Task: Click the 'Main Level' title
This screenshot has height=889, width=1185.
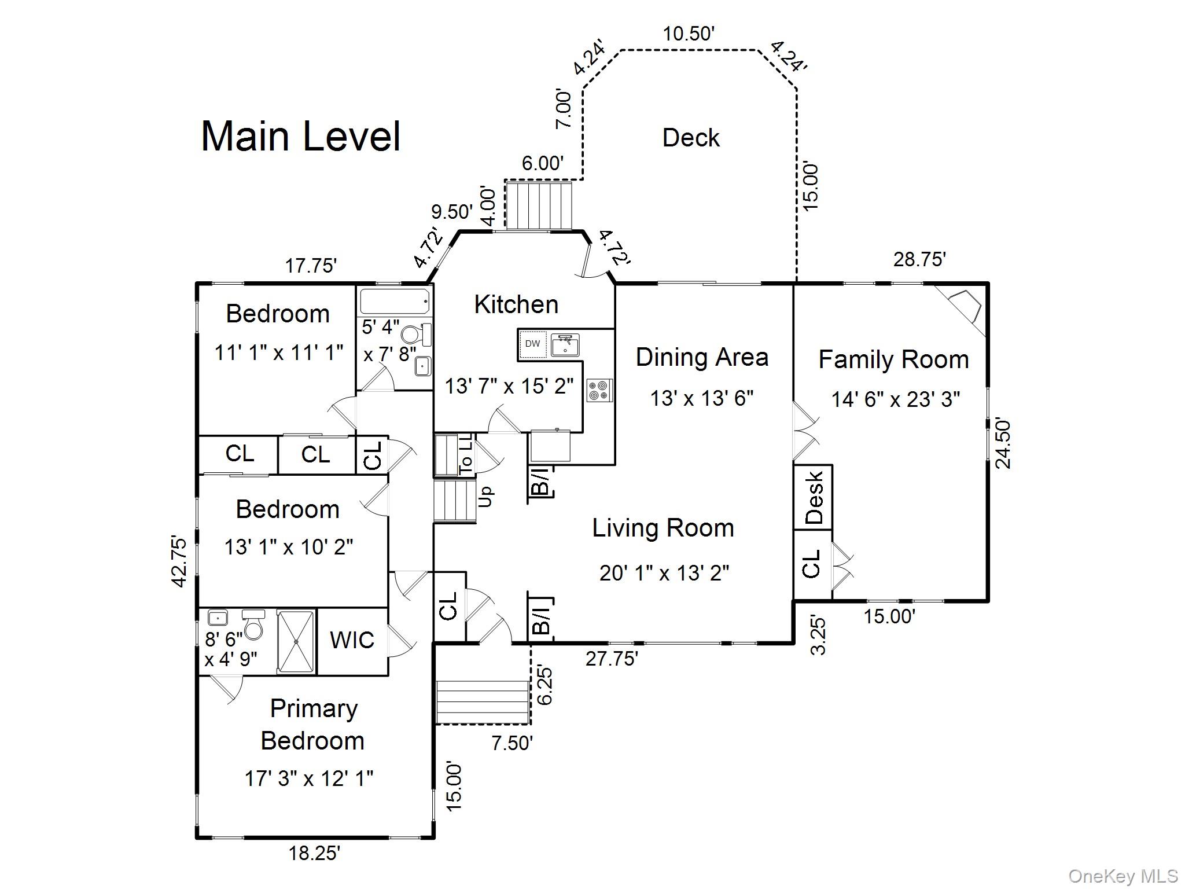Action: point(300,137)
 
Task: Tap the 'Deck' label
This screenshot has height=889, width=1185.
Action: point(690,138)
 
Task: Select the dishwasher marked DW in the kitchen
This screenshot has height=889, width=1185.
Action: point(532,344)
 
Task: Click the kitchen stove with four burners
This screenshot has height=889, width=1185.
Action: point(599,390)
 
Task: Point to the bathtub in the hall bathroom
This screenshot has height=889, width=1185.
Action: point(395,302)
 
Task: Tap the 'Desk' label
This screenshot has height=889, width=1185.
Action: point(813,497)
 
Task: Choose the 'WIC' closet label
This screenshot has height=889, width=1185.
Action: point(352,640)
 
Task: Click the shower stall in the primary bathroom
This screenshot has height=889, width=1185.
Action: point(296,641)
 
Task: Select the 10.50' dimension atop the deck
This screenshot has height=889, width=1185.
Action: point(689,34)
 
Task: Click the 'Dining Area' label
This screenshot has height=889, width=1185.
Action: point(702,357)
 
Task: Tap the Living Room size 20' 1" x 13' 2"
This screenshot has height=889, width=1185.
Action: point(664,573)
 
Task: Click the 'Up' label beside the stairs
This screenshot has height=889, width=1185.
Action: point(486,496)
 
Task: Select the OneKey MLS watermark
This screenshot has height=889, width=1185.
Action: point(1123,876)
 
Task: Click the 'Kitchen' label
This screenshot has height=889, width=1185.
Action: point(516,304)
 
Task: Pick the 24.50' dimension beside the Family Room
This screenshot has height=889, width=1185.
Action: point(1003,443)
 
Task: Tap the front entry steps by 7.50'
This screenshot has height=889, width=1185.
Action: point(483,702)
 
